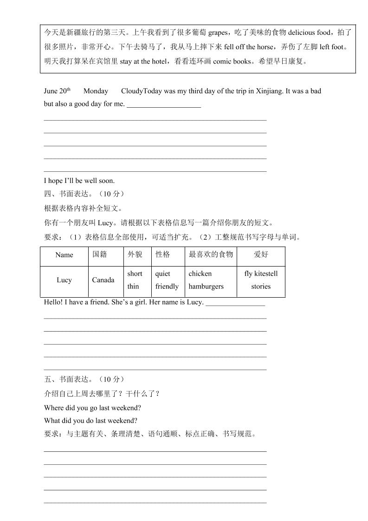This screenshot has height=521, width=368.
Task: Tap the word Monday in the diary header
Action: pos(96,91)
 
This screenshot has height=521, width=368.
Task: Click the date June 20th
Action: pos(57,91)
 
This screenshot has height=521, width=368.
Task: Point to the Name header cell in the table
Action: pos(64,255)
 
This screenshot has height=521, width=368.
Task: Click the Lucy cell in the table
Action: pos(64,280)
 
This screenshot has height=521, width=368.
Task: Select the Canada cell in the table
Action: pos(103,280)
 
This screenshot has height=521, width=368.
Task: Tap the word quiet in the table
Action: pos(163,274)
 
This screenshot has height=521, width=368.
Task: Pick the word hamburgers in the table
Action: pos(206,287)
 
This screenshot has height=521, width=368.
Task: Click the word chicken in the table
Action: pos(200,274)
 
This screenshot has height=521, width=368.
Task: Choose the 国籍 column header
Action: pos(100,254)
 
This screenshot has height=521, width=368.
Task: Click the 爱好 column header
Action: pos(261,254)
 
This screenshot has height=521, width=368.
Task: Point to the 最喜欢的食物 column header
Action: pos(211,254)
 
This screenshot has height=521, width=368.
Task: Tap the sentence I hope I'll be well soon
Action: pos(79,181)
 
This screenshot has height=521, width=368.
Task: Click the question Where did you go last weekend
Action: pos(92,408)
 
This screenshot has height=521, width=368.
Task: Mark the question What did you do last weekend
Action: pos(90,421)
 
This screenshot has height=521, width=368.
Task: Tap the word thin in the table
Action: pos(133,287)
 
